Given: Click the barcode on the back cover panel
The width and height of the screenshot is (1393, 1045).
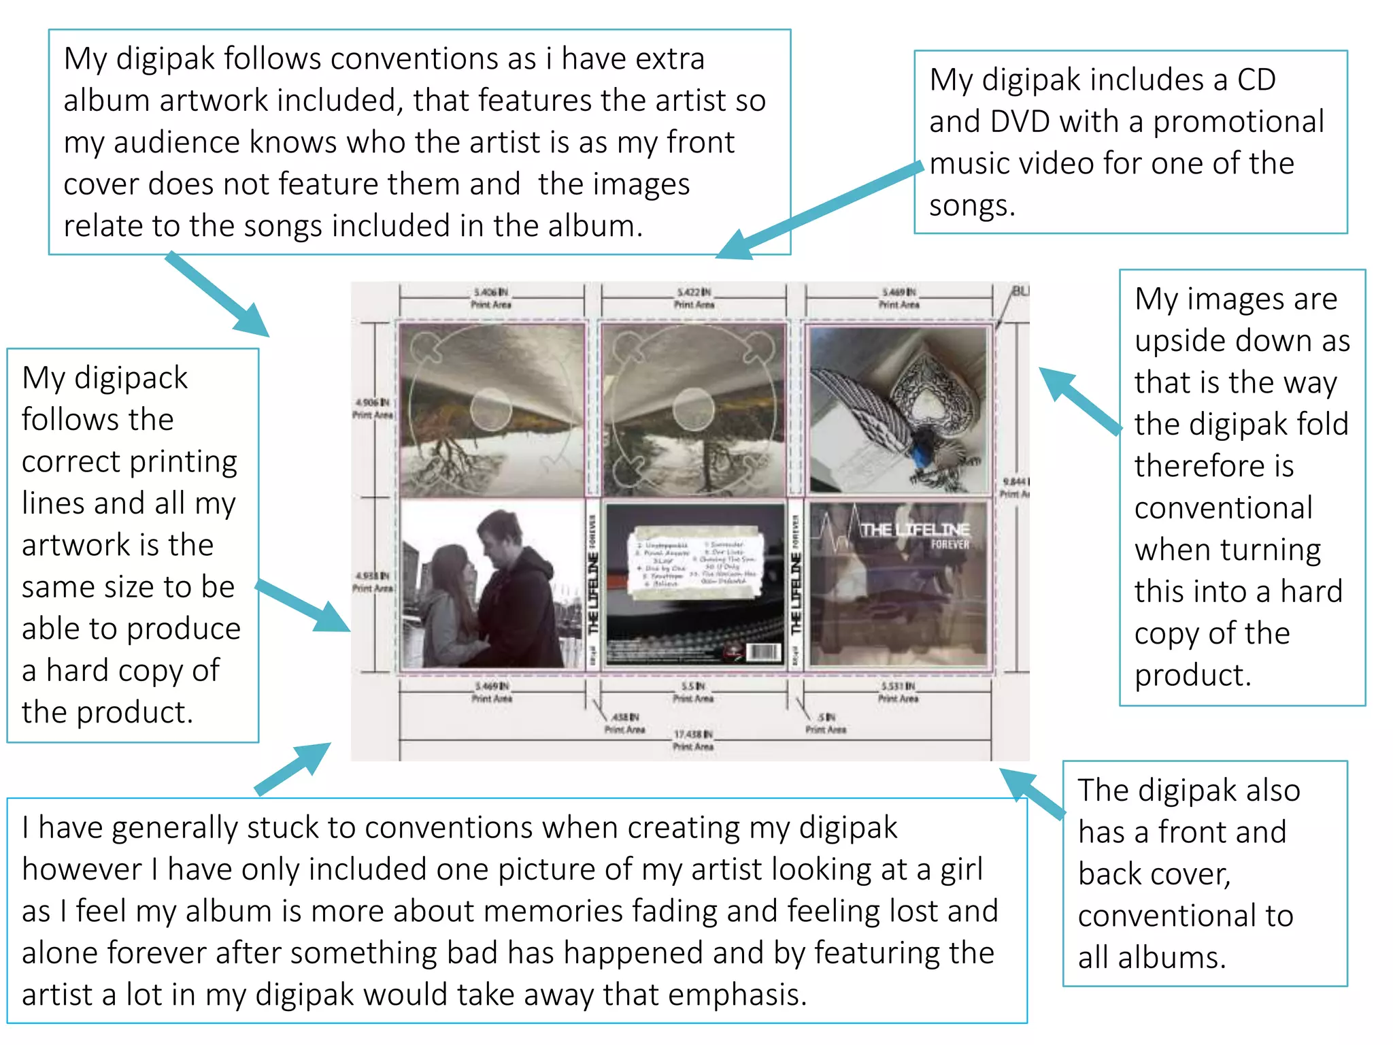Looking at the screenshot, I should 763,652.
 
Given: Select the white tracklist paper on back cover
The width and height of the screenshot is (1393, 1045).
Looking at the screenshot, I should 695,563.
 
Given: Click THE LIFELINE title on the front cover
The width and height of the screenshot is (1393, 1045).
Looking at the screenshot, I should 914,529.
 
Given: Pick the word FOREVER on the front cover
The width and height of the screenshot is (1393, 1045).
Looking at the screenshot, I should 950,544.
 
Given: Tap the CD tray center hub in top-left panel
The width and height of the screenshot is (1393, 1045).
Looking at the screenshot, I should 490,409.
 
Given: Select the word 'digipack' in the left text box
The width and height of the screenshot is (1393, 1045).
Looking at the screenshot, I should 131,379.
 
